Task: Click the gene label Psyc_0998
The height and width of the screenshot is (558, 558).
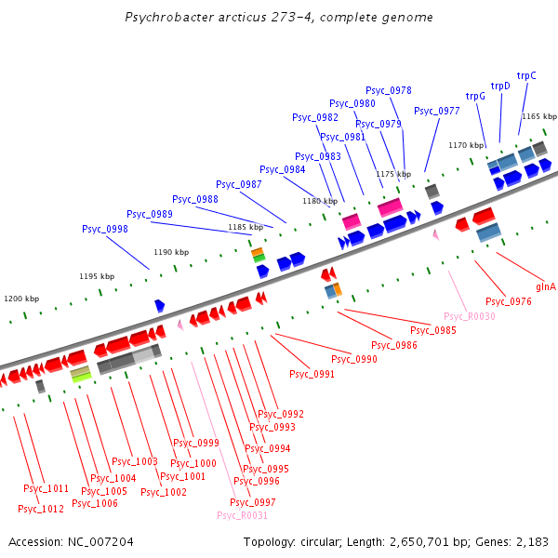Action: click(105, 229)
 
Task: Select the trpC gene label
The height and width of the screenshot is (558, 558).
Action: click(526, 75)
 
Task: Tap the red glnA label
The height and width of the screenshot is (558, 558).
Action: click(546, 286)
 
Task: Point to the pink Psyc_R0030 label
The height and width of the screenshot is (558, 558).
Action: click(470, 316)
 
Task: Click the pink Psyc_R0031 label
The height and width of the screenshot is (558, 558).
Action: click(242, 515)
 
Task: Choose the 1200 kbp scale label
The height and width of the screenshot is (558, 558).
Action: click(21, 299)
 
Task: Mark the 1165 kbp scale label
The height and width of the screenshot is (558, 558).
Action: click(538, 116)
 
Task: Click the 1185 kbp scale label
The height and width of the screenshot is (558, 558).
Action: click(245, 227)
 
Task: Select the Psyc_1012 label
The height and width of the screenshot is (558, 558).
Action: click(41, 509)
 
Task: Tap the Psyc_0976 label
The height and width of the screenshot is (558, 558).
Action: click(509, 301)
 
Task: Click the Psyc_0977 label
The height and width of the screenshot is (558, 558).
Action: click(437, 111)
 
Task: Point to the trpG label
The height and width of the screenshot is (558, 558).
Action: click(475, 96)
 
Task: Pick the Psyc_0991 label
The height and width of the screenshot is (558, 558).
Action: click(312, 374)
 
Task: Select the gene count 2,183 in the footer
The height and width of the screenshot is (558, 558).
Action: click(531, 541)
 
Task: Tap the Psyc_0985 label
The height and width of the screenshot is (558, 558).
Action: click(433, 330)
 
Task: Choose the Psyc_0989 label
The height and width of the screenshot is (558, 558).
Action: click(150, 214)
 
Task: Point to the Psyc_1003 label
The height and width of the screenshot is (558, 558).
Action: click(135, 461)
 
